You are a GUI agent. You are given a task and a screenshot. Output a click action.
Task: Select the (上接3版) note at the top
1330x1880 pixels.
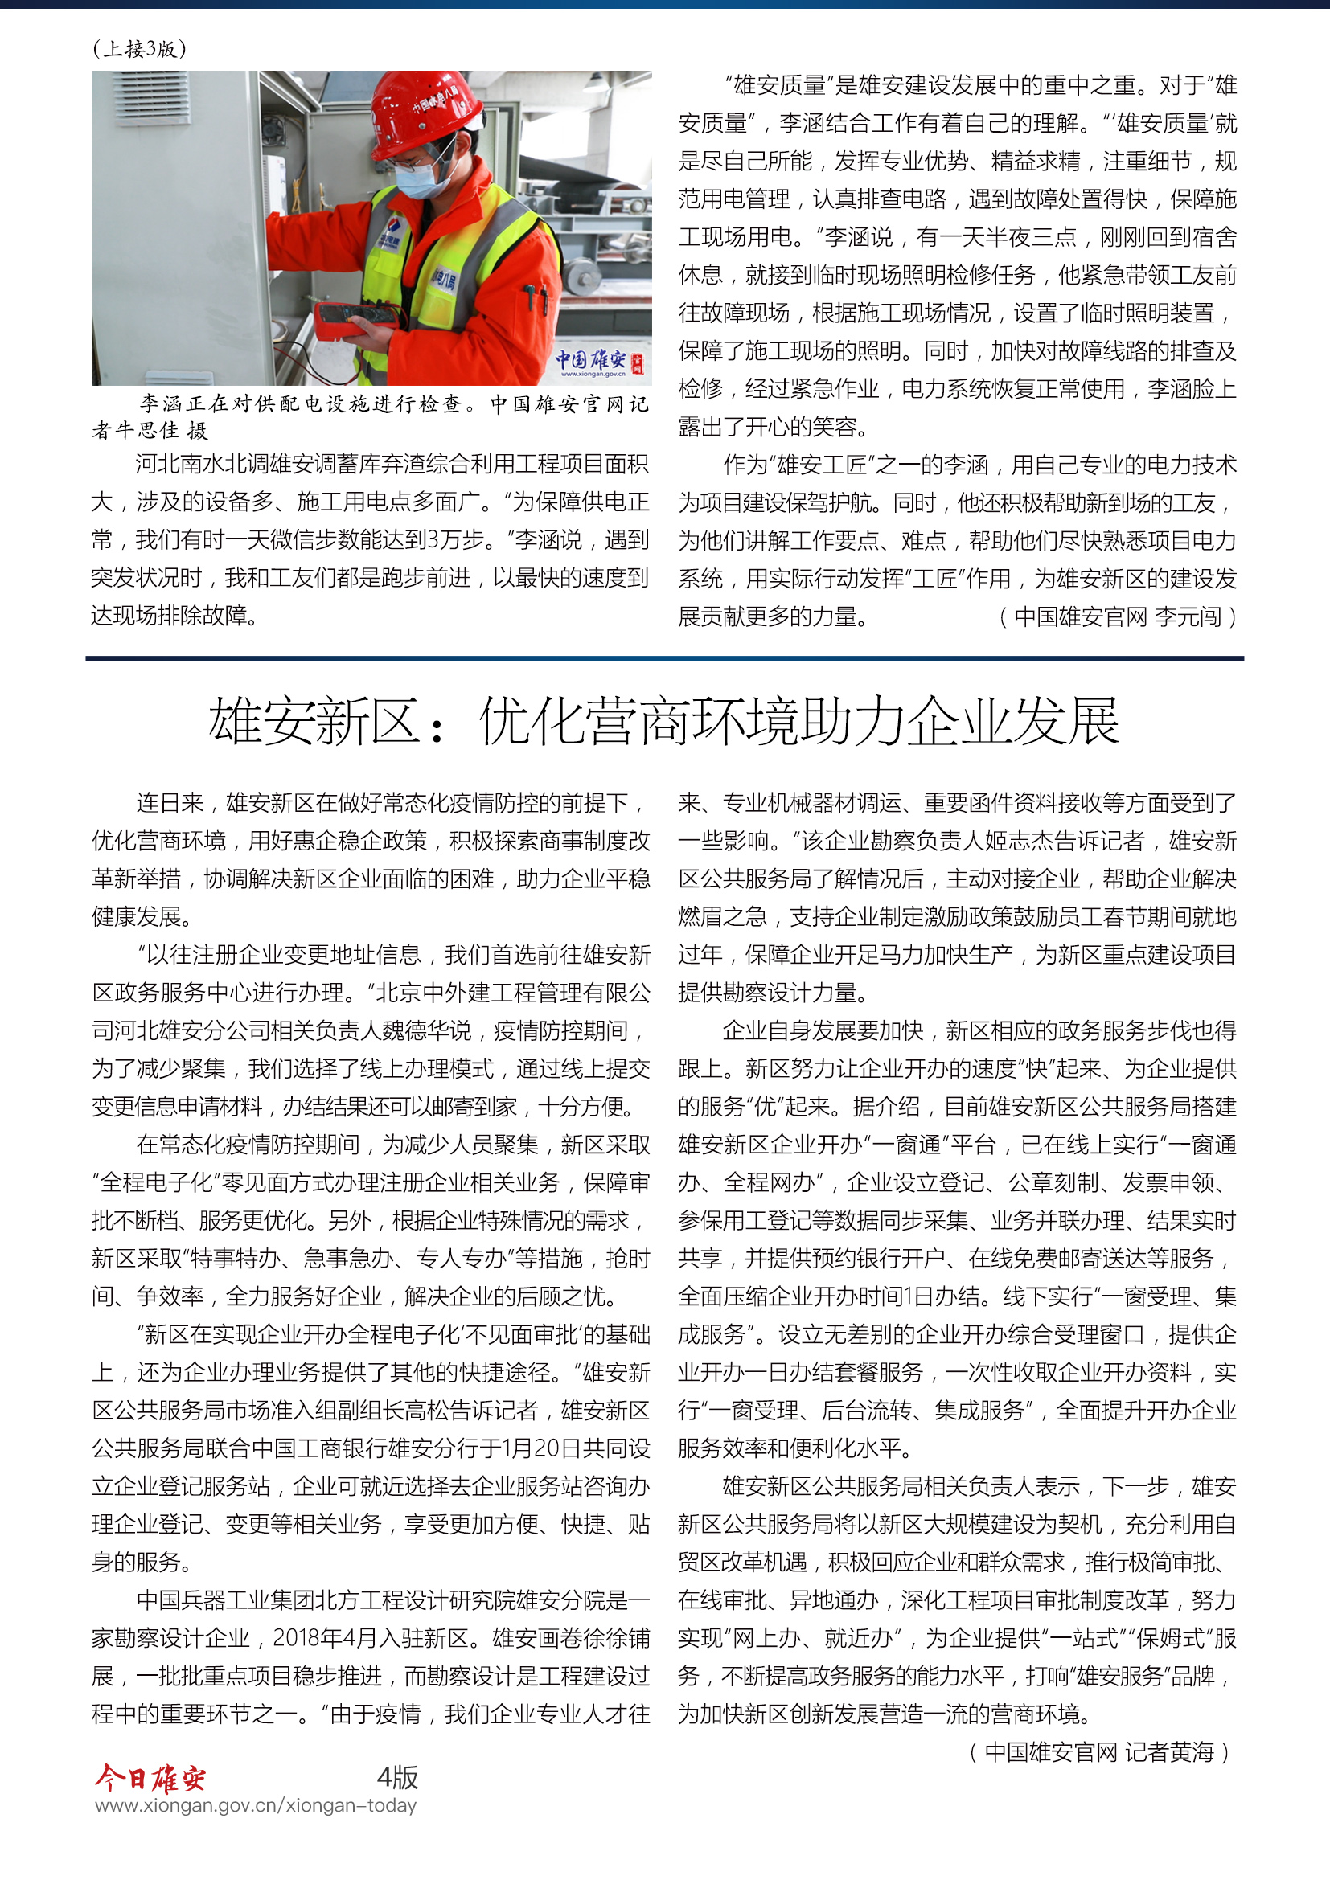pyautogui.click(x=139, y=49)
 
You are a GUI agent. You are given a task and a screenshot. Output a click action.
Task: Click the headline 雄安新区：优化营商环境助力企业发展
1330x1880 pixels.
pyautogui.click(x=663, y=721)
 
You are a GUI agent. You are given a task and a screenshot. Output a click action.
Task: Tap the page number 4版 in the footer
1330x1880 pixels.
pyautogui.click(x=397, y=1777)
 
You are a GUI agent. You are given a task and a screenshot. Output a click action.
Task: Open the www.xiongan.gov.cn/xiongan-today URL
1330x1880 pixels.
pyautogui.click(x=256, y=1805)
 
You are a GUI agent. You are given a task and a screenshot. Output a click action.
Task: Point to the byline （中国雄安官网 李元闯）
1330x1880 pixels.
pyautogui.click(x=1117, y=616)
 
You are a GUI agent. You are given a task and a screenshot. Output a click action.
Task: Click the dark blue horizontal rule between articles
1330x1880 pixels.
pyautogui.click(x=664, y=658)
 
